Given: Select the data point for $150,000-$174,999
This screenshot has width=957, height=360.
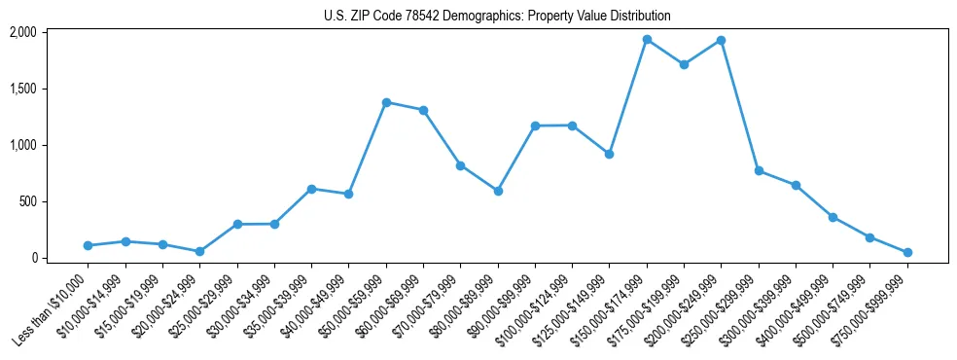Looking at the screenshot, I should [x=647, y=40].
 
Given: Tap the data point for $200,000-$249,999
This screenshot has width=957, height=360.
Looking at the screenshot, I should [x=721, y=41].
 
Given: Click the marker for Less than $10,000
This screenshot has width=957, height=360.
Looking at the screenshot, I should [x=89, y=245].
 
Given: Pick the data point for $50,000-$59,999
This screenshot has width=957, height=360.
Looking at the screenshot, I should [x=386, y=102].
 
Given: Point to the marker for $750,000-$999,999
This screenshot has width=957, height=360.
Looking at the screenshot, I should [x=907, y=252].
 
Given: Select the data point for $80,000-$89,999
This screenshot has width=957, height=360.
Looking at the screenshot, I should [x=498, y=191].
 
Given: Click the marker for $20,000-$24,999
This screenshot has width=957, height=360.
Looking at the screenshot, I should [x=200, y=251].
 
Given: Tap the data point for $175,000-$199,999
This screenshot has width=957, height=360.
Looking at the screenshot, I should [x=684, y=64].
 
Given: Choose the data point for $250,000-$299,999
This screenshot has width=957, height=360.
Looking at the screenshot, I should [x=759, y=170].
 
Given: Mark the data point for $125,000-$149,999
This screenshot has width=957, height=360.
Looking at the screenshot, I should [x=609, y=154].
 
